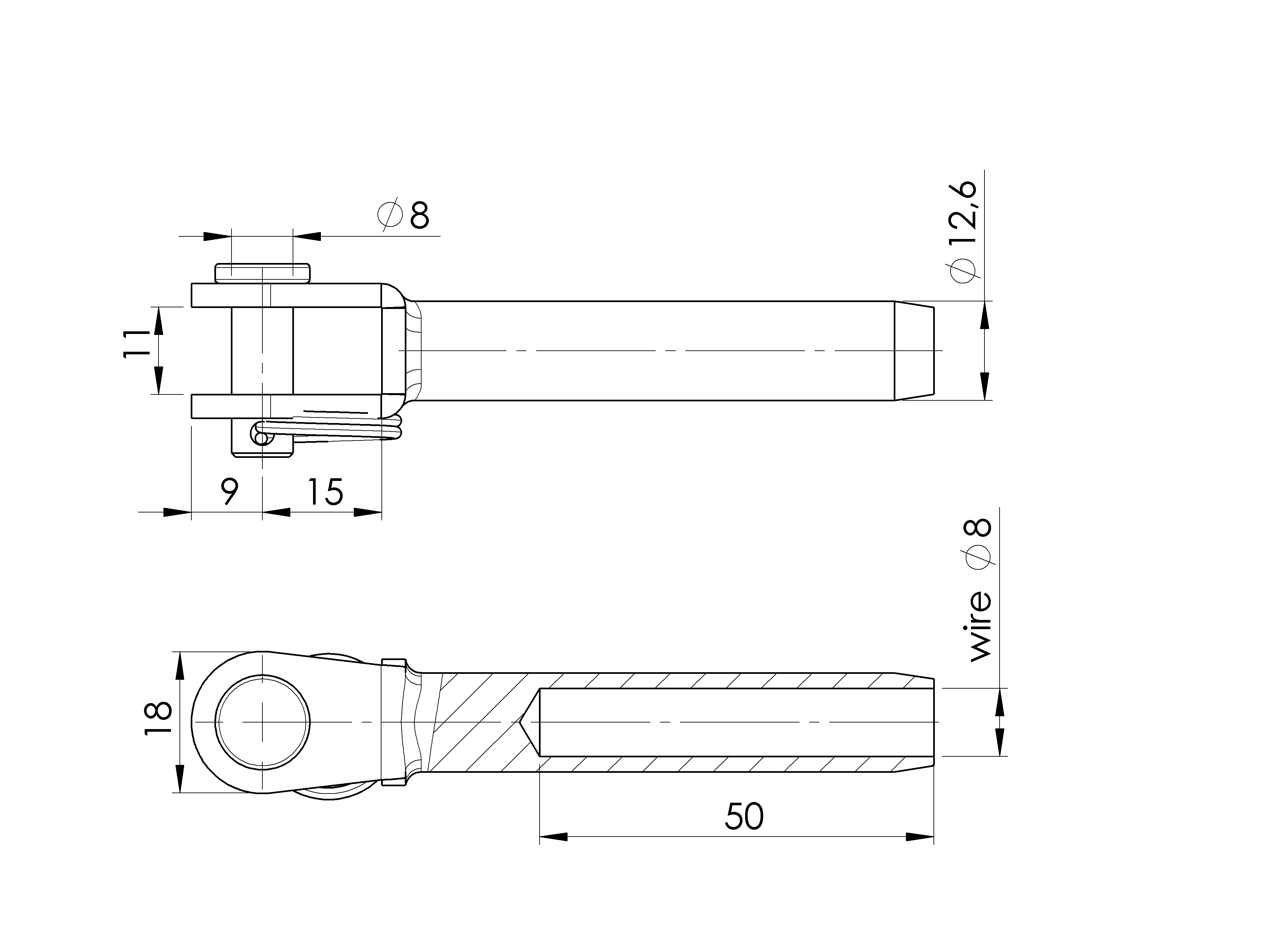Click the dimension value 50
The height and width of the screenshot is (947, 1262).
(744, 817)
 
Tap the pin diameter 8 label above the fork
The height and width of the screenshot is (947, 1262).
(403, 215)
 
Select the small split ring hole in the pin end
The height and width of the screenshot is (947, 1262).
(261, 438)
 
